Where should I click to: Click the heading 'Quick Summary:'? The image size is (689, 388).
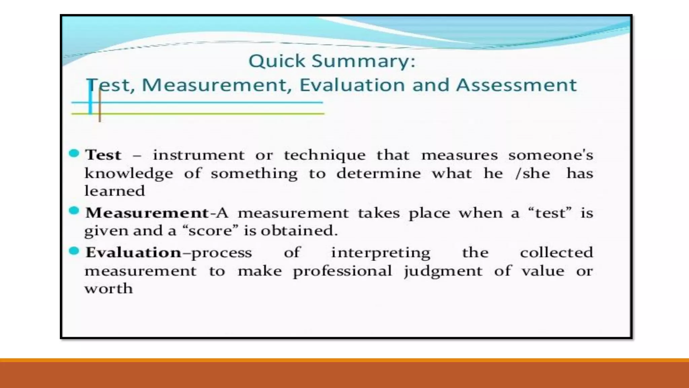pos(332,62)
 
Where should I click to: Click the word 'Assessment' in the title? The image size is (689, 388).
pos(516,85)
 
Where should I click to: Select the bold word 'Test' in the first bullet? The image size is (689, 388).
pos(103,155)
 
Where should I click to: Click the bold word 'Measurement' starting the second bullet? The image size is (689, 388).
pos(147,213)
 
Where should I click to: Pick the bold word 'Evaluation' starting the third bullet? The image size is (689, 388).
pos(133,253)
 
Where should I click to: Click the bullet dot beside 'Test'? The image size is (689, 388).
pos(74,154)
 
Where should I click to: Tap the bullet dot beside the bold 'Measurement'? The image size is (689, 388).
pos(74,211)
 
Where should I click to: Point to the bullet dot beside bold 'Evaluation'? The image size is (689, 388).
pos(74,251)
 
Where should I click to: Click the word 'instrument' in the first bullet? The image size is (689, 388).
pos(198,155)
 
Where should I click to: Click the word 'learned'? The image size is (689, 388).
pos(115,191)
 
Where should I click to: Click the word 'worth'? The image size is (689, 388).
pos(109,289)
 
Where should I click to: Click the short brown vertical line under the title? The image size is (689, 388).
pos(100,106)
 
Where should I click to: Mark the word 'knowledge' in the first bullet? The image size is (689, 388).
pos(129,174)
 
